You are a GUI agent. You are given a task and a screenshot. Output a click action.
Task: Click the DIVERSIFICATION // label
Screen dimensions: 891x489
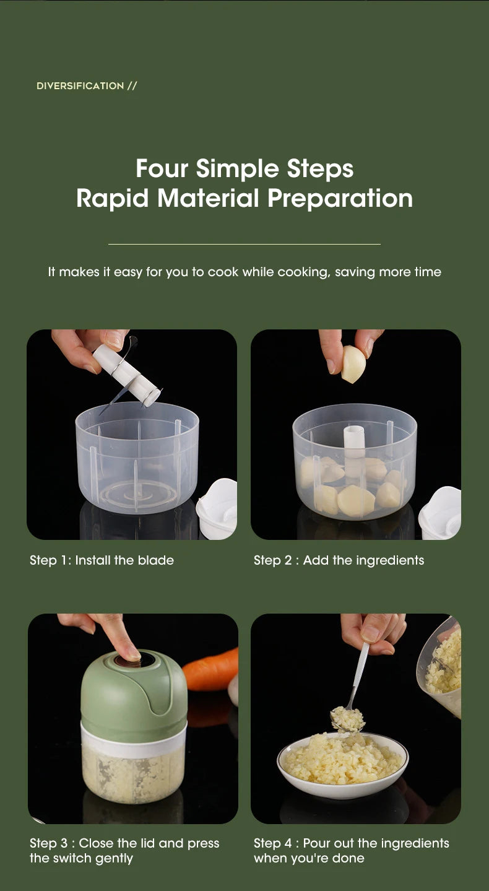pyautogui.click(x=87, y=86)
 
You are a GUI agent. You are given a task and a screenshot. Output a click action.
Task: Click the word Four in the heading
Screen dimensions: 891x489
pyautogui.click(x=162, y=168)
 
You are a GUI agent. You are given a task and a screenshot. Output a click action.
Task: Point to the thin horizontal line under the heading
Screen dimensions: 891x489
pyautogui.click(x=244, y=244)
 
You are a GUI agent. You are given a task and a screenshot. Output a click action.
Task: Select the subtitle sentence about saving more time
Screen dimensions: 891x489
pyautogui.click(x=244, y=272)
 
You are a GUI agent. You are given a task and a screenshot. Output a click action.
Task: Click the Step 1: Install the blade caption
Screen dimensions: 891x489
pyautogui.click(x=102, y=560)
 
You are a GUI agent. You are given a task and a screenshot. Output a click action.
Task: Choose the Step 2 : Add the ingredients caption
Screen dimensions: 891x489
pyautogui.click(x=339, y=560)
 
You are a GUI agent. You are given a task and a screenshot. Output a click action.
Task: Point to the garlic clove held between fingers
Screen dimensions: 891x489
pyautogui.click(x=353, y=364)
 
